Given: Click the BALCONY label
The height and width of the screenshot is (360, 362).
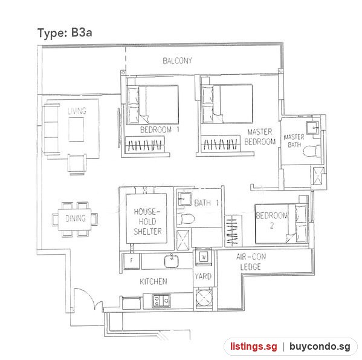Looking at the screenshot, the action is click(177, 61).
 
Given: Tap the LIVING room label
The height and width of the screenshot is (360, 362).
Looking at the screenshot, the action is click(77, 111).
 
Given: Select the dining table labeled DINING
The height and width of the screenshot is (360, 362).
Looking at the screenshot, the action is click(74, 219).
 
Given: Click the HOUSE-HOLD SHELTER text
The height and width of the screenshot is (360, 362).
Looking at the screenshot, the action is click(147, 221).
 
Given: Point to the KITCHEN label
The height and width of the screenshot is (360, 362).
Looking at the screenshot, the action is click(154, 281).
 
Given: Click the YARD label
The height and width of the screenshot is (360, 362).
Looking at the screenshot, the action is click(203, 276).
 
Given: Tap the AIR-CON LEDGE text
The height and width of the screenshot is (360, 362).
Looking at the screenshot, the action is click(251, 262).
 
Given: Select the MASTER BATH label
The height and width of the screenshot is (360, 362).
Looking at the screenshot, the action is click(294, 140).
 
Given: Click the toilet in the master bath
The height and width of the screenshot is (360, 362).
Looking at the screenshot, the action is click(311, 151).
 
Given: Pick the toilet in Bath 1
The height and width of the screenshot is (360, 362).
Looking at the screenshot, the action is click(186, 218).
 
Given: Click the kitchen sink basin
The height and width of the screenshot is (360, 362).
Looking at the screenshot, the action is click(171, 261).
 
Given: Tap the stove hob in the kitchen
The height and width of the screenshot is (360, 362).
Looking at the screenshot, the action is click(161, 301).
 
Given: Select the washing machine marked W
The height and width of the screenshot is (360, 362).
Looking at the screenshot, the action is click(204, 257).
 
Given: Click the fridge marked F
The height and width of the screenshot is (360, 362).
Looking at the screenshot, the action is click(131, 261).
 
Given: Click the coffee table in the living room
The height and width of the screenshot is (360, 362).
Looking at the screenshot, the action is click(76, 129).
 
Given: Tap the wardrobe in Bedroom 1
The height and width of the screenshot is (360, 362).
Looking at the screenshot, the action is click(145, 145).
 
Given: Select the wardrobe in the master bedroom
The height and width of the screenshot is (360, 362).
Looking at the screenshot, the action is click(221, 144).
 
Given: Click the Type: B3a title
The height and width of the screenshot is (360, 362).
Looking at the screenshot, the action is click(65, 33).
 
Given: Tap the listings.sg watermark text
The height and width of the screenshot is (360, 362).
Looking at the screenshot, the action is click(253, 347).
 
